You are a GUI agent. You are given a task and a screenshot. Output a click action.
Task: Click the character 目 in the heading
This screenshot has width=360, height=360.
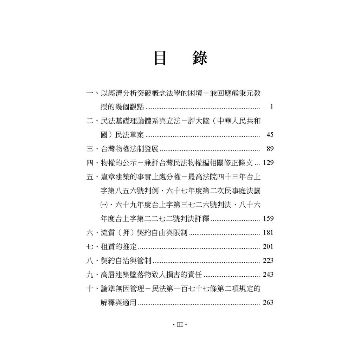(160, 58)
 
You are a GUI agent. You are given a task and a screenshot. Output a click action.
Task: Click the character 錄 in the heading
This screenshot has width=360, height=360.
(200, 58)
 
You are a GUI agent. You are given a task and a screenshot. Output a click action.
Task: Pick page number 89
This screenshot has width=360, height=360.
(270, 149)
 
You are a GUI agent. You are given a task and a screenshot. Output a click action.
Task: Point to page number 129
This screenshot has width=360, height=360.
(268, 163)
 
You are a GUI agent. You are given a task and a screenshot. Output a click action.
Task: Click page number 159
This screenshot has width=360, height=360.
(268, 219)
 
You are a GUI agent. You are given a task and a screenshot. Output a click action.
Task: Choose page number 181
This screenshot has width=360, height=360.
(268, 233)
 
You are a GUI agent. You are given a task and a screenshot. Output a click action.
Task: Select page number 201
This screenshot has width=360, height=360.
(268, 246)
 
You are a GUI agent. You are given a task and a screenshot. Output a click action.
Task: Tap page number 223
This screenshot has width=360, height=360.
(268, 261)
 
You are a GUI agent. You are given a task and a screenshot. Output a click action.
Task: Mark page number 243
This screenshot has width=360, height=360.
(268, 275)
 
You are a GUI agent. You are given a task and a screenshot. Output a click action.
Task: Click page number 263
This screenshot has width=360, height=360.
(268, 302)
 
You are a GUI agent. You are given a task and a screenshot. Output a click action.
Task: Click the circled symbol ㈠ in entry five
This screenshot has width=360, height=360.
(103, 205)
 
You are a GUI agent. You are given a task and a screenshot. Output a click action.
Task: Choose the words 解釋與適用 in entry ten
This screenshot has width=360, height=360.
(118, 302)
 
